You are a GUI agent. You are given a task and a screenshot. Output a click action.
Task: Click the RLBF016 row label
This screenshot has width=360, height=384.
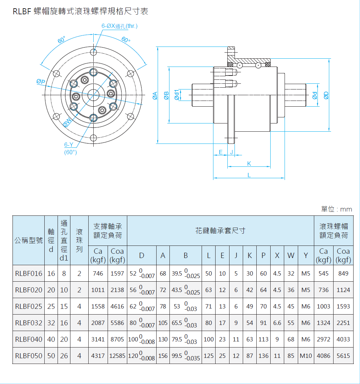[x=29, y=273]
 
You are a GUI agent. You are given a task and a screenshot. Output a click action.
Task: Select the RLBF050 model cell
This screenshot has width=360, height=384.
[x=29, y=356]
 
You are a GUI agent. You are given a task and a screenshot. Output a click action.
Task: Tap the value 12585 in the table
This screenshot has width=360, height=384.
[x=117, y=356]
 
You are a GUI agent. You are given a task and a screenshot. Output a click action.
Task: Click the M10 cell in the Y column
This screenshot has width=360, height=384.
[x=306, y=356]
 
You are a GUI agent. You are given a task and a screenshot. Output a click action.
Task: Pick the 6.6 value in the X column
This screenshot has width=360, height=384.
[x=277, y=323]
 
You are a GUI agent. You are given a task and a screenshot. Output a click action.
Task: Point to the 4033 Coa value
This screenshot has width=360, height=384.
[x=343, y=339]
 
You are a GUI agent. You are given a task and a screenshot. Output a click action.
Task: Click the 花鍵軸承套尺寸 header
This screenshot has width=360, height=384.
[x=220, y=231]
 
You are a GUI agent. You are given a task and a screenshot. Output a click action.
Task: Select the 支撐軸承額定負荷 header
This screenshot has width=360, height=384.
[x=108, y=231]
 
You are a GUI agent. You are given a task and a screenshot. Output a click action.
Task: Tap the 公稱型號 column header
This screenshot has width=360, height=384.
[x=29, y=240]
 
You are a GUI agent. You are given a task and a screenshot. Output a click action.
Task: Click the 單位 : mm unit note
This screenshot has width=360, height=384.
[x=336, y=209]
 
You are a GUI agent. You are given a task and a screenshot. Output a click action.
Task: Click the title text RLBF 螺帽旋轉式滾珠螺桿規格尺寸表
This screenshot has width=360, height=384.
[x=80, y=11]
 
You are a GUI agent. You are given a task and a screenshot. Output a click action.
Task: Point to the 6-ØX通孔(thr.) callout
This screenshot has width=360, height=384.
[x=119, y=26]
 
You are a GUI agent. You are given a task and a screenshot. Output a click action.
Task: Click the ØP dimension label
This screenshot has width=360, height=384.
[x=41, y=82]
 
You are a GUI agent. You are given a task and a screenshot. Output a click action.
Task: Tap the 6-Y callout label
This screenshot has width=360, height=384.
[x=69, y=145]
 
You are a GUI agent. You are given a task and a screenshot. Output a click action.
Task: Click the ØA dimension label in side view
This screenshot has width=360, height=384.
[x=155, y=96]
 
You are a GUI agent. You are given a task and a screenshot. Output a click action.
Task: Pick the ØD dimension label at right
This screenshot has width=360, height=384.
[x=326, y=95]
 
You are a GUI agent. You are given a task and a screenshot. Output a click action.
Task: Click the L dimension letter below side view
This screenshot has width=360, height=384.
[x=249, y=175]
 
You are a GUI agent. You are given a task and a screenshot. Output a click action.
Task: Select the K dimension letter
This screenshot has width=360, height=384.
[x=249, y=164]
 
